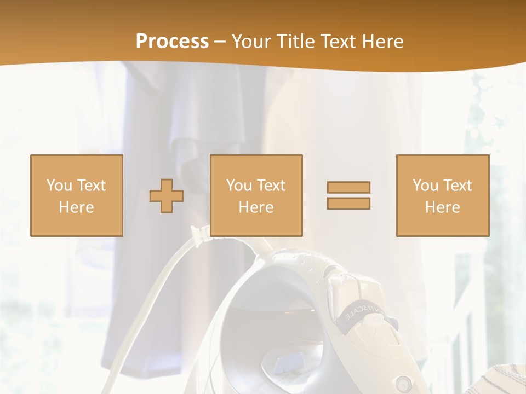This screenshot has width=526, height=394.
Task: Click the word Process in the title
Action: (172, 42)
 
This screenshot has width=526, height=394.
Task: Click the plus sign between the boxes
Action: (167, 196)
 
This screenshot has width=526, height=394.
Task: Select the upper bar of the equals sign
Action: (348, 187)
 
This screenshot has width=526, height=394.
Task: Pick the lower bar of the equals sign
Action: (348, 203)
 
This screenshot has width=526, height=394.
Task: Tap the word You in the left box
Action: (59, 186)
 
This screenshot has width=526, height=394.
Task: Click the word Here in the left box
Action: (76, 207)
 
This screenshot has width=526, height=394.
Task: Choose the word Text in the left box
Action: (91, 186)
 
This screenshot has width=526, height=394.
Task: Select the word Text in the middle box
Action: (271, 186)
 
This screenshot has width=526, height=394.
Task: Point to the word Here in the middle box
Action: (256, 207)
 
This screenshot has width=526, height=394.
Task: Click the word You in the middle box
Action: (238, 186)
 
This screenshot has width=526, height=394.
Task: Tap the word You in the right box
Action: (425, 186)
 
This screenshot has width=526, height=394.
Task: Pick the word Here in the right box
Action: (442, 207)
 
